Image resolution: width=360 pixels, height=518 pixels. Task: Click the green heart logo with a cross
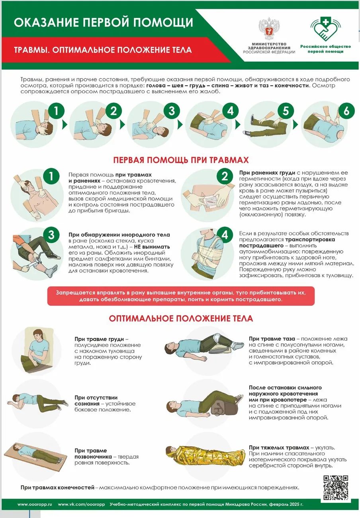tap(325, 30)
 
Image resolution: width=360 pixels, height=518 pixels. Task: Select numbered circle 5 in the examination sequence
tap(286, 112)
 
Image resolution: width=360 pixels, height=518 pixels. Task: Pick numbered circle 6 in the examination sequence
tap(346, 112)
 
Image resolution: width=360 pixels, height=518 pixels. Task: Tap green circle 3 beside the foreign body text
tap(51, 235)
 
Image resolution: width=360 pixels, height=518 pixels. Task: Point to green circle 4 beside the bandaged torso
tap(225, 235)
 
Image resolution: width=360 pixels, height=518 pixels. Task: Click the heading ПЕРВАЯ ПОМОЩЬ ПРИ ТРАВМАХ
tap(181, 160)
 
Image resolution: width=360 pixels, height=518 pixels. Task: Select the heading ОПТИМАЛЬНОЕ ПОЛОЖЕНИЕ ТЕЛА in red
tap(181, 319)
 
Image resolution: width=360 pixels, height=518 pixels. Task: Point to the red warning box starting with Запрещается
tap(181, 296)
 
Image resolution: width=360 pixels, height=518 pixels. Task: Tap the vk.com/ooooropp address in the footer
tap(81, 504)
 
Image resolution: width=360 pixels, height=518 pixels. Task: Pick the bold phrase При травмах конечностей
tap(58, 487)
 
